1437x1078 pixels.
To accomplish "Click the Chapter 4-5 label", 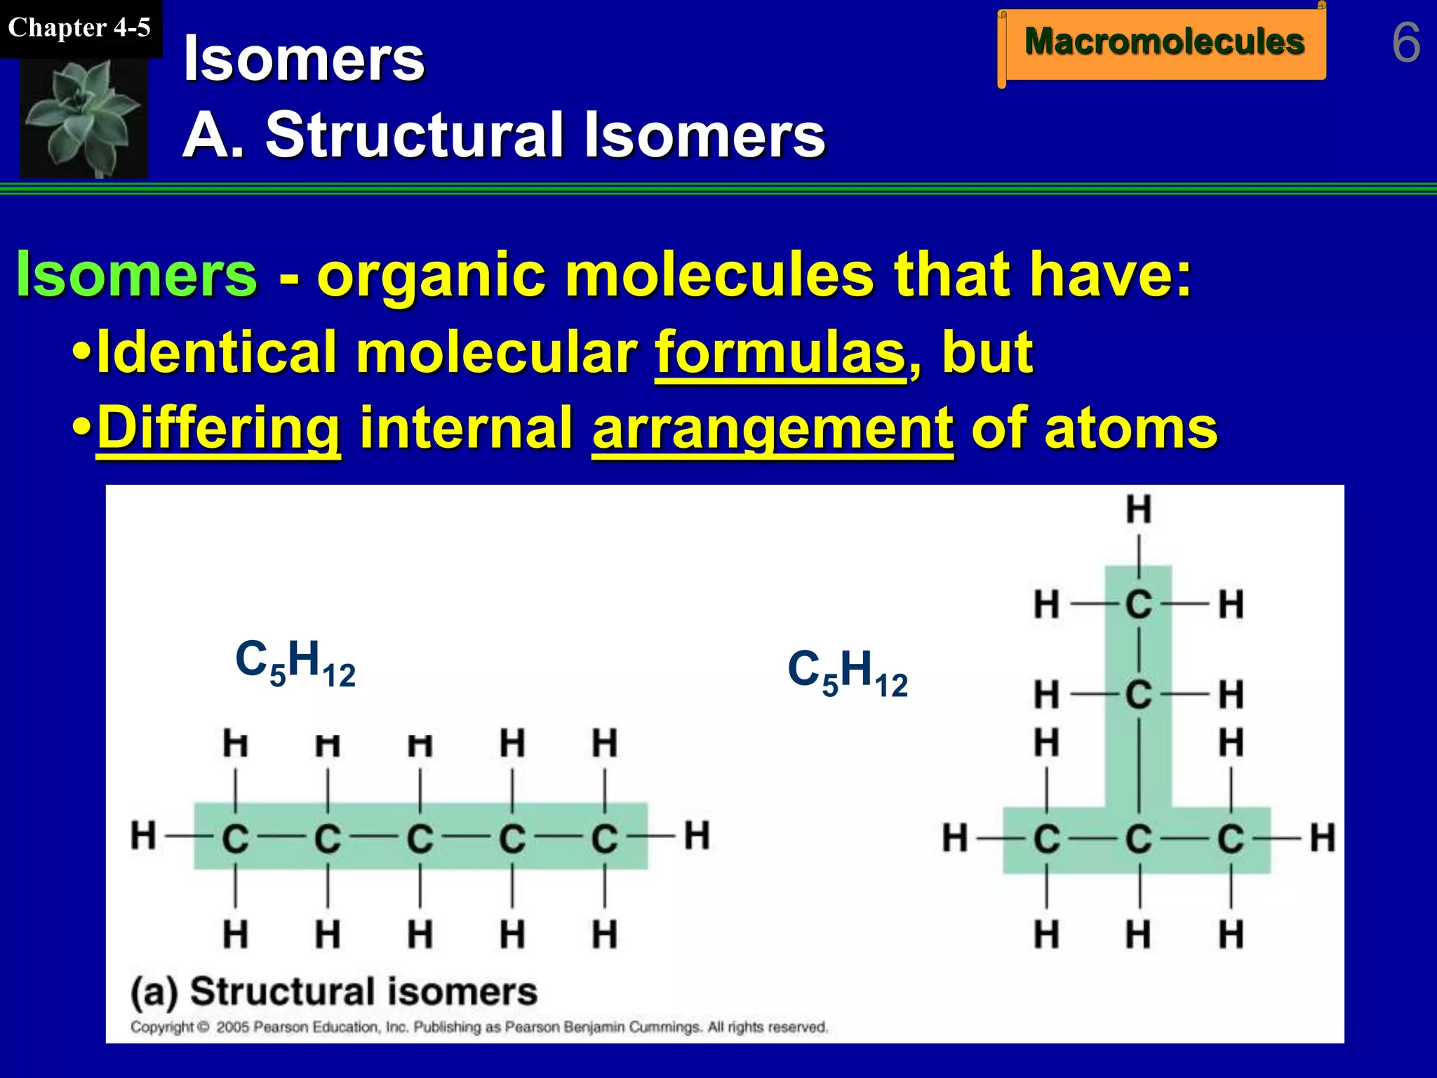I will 79,28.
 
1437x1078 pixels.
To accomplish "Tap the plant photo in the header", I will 83,117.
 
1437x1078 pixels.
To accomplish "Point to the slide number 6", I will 1405,43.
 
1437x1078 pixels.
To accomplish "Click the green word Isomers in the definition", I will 137,274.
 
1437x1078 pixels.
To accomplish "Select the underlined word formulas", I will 780,352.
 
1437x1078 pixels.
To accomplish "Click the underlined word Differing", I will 218,427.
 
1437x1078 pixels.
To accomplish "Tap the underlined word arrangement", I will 773,427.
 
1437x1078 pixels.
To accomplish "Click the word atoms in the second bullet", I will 1131,427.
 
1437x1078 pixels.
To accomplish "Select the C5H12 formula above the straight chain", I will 295,663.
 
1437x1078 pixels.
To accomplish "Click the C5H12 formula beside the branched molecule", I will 848,673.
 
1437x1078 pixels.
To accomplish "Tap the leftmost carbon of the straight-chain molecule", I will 235,838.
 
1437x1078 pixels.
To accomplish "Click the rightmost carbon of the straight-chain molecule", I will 604,838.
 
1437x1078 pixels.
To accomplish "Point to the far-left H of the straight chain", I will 143,836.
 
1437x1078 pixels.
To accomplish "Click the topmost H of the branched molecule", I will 1139,510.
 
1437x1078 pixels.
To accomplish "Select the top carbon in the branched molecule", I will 1139,604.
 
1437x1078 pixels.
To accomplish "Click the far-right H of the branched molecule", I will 1323,838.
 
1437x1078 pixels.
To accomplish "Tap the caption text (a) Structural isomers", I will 334,992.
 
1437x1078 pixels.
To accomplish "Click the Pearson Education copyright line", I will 479,1027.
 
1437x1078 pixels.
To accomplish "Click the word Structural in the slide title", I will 416,135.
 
